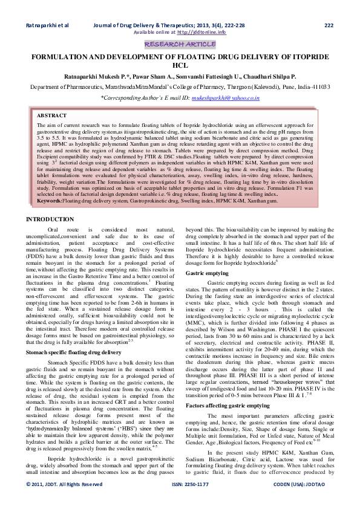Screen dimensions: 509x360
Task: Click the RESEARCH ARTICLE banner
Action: pyautogui.click(x=180, y=44)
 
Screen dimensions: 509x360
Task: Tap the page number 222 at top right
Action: pyautogui.click(x=329, y=25)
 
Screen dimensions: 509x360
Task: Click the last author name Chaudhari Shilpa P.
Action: pyautogui.click(x=263, y=77)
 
